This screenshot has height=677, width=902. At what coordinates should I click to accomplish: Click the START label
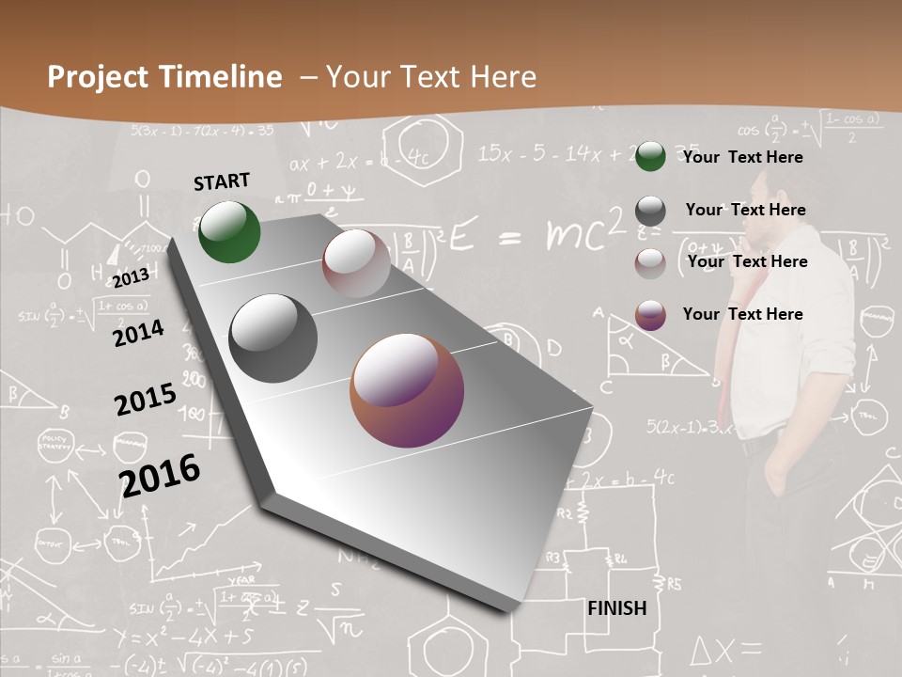(222, 181)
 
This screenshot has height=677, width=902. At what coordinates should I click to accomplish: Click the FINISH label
(616, 608)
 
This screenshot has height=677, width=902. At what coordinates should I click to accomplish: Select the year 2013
(131, 277)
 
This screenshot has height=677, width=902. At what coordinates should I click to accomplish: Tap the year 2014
(137, 333)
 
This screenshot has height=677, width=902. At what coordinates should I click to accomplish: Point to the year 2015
(145, 399)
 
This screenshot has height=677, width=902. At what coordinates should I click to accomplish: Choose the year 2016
(160, 475)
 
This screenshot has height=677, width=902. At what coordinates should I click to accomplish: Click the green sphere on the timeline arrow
(229, 231)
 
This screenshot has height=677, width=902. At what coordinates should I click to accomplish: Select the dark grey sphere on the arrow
(272, 338)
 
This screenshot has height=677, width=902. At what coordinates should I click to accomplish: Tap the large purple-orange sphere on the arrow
(407, 390)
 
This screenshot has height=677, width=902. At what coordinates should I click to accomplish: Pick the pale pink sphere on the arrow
(356, 263)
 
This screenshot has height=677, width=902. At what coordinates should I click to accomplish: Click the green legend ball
(650, 156)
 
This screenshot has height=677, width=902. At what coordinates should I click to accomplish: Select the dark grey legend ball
(650, 211)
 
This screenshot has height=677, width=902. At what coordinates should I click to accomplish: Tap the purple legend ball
(650, 315)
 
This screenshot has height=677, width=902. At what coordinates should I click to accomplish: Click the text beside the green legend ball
(742, 157)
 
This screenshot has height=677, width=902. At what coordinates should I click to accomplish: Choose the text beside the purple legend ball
(742, 314)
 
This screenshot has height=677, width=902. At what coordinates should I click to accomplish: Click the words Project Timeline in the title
(164, 77)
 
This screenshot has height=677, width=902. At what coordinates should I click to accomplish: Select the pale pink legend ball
(650, 263)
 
